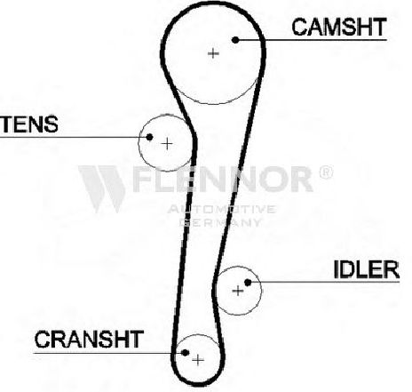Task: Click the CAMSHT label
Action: click(339, 27)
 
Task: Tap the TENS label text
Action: click(29, 124)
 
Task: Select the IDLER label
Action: click(367, 269)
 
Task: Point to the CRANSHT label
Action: click(89, 340)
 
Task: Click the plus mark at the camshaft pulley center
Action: click(213, 53)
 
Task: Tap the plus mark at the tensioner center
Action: click(167, 144)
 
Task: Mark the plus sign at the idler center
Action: click(238, 291)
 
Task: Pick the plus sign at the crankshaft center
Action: click(198, 360)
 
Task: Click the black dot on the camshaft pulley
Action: click(235, 40)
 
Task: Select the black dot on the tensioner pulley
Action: click(149, 137)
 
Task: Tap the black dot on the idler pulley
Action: click(248, 283)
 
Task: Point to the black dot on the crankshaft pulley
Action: click(186, 353)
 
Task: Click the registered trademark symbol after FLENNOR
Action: click(326, 172)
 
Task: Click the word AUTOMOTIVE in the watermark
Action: click(222, 209)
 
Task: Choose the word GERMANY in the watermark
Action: click(220, 222)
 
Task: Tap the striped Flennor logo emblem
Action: click(102, 188)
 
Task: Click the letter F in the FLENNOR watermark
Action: click(143, 179)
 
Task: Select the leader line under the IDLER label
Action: click(324, 282)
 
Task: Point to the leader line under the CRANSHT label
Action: click(109, 353)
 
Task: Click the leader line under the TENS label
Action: click(75, 137)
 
